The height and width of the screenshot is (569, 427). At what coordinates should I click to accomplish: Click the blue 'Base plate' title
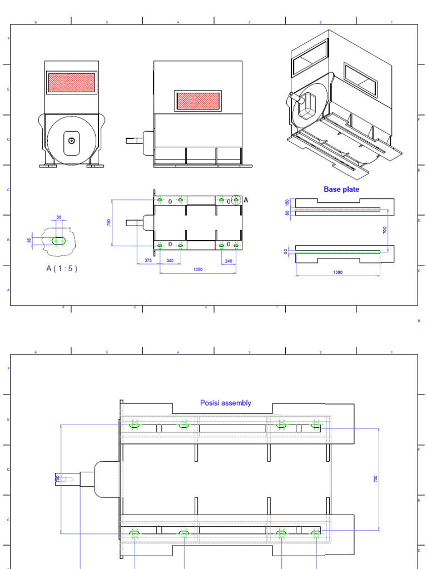(x=341, y=189)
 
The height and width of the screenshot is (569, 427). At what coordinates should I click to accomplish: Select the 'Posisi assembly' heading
(x=225, y=403)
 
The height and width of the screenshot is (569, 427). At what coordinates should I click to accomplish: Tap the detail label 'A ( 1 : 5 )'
(x=62, y=268)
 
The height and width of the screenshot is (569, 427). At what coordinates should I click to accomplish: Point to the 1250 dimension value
(x=198, y=269)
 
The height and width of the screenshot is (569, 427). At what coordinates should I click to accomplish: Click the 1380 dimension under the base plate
(x=337, y=272)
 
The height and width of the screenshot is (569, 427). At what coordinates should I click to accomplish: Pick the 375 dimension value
(x=148, y=260)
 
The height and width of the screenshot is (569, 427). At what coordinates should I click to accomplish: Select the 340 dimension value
(x=170, y=260)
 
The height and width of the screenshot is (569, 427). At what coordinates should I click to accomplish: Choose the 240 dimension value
(x=229, y=260)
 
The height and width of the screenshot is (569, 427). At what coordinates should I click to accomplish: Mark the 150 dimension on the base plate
(x=287, y=202)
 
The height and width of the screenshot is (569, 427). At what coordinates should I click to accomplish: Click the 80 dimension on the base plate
(x=287, y=212)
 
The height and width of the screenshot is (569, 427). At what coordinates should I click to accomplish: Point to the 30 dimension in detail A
(x=59, y=218)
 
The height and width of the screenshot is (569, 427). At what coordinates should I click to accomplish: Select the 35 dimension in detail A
(x=29, y=241)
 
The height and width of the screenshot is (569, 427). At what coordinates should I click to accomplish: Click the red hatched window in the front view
(x=71, y=82)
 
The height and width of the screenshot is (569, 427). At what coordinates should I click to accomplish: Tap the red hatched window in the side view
(x=198, y=101)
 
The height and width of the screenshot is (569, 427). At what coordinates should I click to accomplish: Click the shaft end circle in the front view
(x=71, y=141)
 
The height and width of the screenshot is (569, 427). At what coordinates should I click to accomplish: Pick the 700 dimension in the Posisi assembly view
(x=376, y=478)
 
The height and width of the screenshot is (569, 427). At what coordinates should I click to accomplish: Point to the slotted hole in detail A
(x=59, y=241)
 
